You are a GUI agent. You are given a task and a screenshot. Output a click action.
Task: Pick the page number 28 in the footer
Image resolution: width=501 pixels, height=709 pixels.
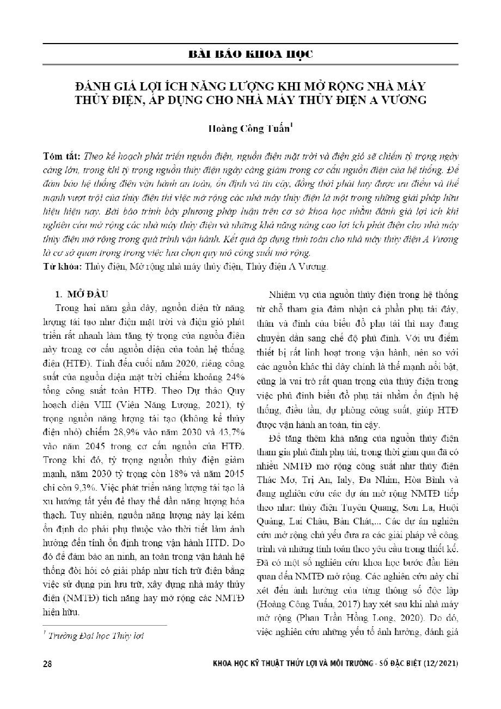click(47, 664)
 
